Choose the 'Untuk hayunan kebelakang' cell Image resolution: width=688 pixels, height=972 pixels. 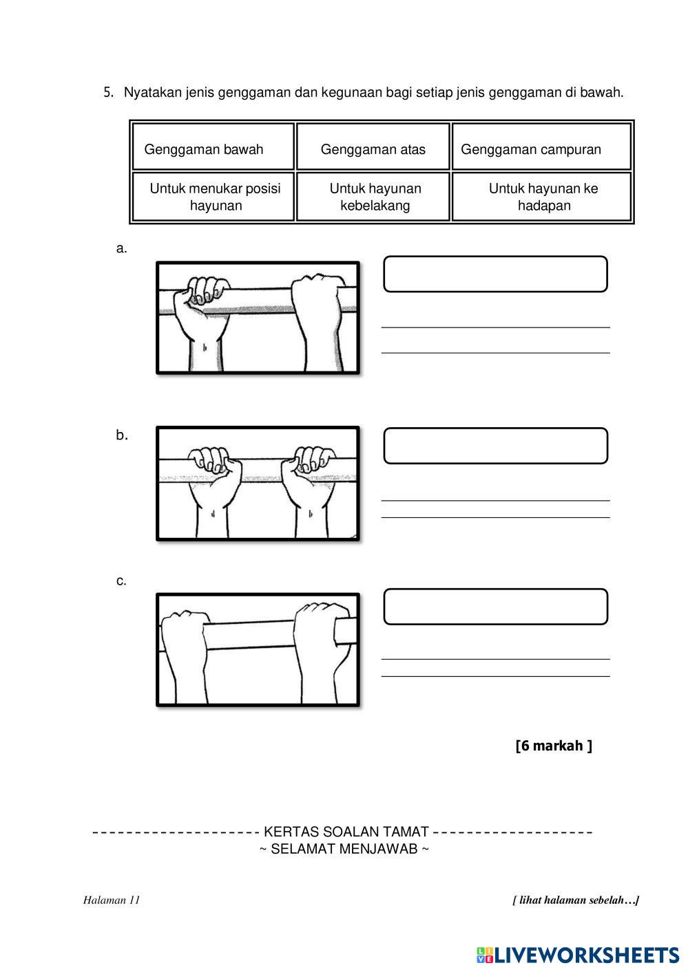pyautogui.click(x=373, y=197)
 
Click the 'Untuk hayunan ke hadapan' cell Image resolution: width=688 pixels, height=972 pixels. pyautogui.click(x=542, y=197)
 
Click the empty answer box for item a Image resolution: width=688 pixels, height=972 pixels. pyautogui.click(x=495, y=274)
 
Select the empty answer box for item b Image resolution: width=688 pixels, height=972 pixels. pyautogui.click(x=495, y=446)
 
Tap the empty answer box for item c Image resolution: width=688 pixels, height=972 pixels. pyautogui.click(x=495, y=607)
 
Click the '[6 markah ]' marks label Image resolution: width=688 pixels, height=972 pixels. pyautogui.click(x=553, y=746)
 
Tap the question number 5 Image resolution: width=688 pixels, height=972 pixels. pyautogui.click(x=108, y=92)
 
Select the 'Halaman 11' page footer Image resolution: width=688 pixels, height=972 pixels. pyautogui.click(x=111, y=900)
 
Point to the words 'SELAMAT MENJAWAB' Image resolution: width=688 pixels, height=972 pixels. pyautogui.click(x=344, y=849)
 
